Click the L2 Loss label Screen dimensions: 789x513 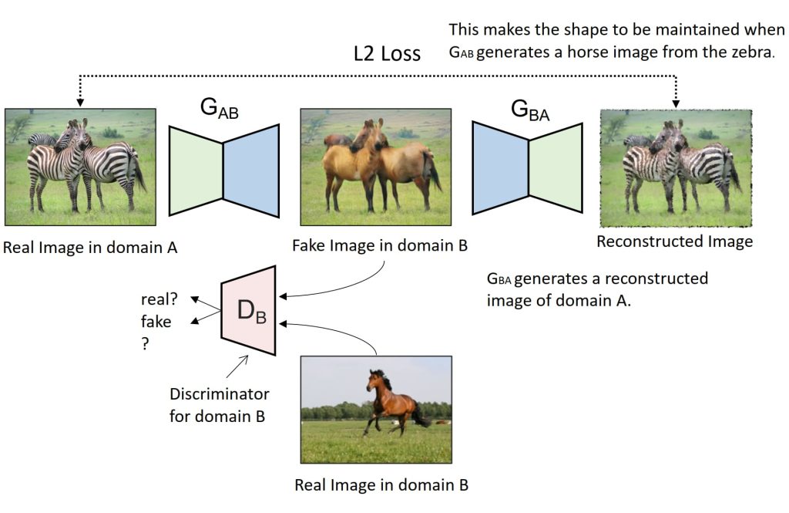click(387, 53)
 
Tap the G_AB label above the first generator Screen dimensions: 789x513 click(219, 108)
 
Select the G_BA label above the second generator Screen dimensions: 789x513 click(530, 110)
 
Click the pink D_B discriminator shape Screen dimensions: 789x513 click(249, 310)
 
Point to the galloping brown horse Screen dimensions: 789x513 click(396, 403)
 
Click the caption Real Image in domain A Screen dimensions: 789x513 click(91, 248)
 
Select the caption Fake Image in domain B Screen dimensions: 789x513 click(380, 245)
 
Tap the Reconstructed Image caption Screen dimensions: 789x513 click(675, 242)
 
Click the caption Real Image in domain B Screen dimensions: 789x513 click(381, 484)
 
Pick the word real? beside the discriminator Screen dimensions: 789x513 click(159, 299)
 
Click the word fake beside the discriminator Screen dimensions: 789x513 click(156, 322)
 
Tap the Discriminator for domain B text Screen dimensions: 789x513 click(220, 405)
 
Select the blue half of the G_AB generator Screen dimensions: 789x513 click(251, 170)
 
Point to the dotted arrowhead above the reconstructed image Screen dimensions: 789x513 click(676, 103)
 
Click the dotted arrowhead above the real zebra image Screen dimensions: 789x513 click(80, 103)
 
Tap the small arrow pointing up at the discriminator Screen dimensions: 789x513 click(237, 366)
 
